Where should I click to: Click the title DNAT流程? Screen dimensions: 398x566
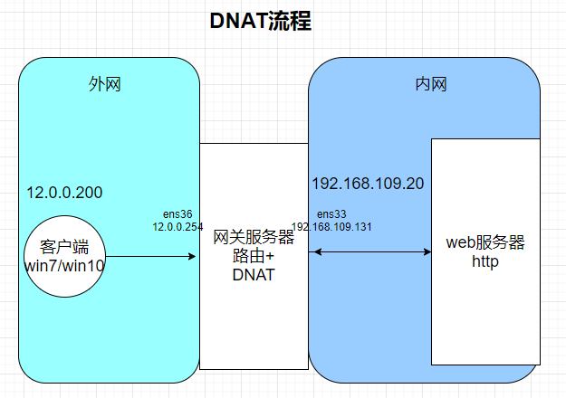click(x=260, y=23)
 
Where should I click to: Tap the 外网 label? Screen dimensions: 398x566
click(x=105, y=84)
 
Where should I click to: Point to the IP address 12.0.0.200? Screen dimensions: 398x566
click(x=64, y=193)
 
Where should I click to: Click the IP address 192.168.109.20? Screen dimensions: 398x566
click(x=368, y=184)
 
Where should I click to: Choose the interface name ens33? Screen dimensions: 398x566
click(x=331, y=214)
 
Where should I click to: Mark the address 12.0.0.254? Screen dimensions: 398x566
click(x=177, y=226)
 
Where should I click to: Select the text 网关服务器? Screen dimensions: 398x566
click(x=254, y=238)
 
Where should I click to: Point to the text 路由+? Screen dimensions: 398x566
click(x=254, y=256)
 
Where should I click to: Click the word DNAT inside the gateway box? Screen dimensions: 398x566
click(x=254, y=274)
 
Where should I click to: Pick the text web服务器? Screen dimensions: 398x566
click(x=486, y=243)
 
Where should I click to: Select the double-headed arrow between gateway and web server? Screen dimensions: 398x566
click(x=369, y=251)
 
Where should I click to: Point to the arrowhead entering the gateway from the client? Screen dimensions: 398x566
click(x=193, y=257)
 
